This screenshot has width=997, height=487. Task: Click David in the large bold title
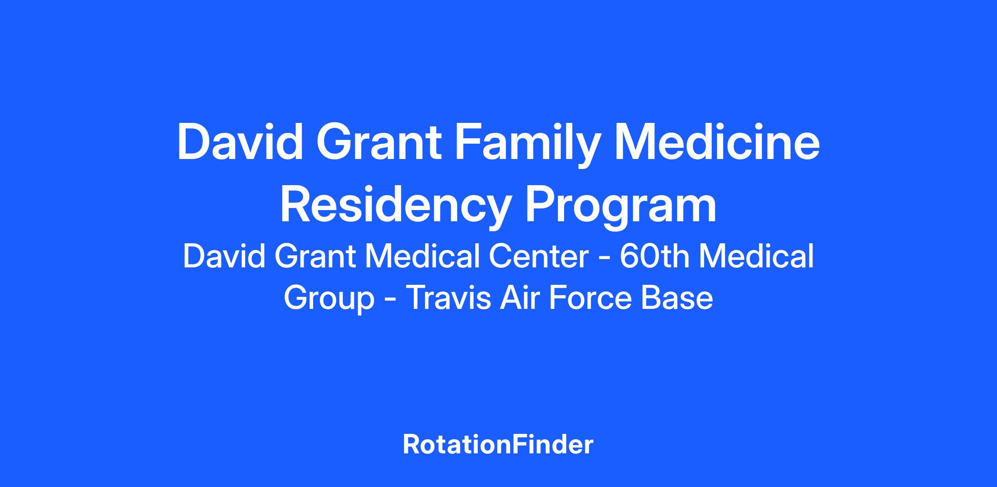(240, 142)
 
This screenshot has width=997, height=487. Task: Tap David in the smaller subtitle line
(224, 256)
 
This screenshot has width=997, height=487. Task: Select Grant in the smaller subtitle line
(315, 256)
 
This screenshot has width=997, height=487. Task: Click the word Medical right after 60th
(756, 256)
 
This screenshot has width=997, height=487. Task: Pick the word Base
(677, 298)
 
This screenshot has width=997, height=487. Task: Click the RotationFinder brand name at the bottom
(498, 445)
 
